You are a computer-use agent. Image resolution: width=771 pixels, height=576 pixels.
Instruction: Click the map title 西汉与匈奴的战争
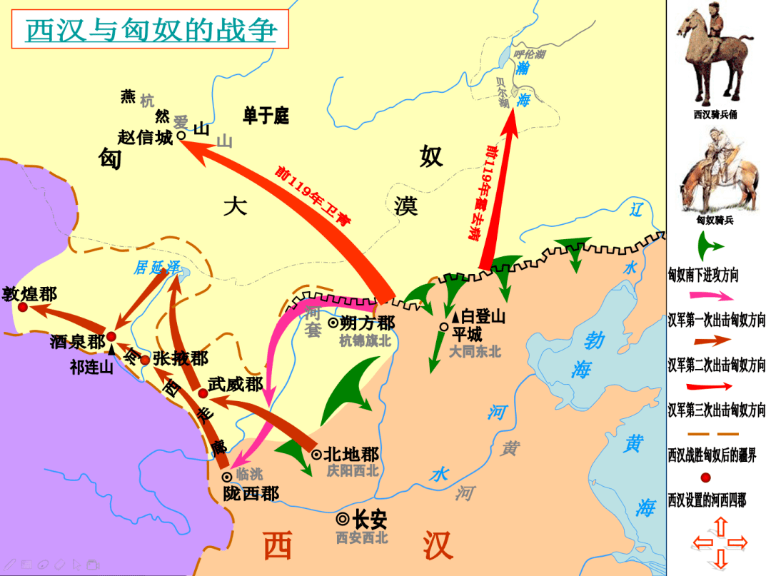(x=150, y=31)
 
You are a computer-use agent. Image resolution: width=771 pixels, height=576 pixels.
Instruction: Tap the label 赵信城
(x=145, y=137)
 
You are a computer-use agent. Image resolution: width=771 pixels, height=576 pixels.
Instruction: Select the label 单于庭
(x=266, y=116)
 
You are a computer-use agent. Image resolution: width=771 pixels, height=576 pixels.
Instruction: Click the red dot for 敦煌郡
(x=23, y=307)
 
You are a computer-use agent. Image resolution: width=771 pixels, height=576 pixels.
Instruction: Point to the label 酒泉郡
(x=78, y=341)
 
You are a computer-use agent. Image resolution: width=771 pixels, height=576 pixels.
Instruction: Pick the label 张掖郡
(x=180, y=358)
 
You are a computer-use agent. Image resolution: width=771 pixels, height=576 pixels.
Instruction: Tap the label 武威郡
(x=236, y=385)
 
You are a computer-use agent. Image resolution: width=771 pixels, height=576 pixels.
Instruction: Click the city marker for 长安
(x=343, y=520)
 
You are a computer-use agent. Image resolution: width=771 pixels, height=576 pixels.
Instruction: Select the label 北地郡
(x=351, y=454)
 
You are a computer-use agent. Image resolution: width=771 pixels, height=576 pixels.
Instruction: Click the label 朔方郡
(x=367, y=322)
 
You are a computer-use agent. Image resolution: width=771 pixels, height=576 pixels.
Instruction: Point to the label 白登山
(x=483, y=315)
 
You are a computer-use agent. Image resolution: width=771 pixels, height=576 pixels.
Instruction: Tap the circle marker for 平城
(x=444, y=327)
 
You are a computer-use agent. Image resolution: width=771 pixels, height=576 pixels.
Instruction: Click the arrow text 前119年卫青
(x=313, y=197)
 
